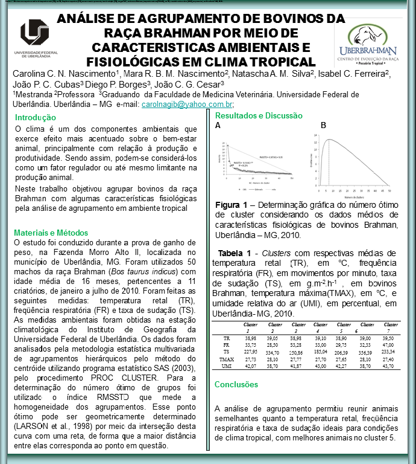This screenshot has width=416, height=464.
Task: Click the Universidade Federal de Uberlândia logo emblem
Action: point(34,32)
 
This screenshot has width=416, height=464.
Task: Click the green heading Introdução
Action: point(35,118)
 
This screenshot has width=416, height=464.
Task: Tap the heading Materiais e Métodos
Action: point(51,232)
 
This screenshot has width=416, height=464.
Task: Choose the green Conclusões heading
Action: point(236,384)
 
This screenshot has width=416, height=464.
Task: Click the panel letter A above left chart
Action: point(218,126)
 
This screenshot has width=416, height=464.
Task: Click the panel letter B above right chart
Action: point(323,126)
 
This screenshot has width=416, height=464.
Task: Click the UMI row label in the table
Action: point(227,366)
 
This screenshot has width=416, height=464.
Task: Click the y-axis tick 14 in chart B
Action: point(315,135)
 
